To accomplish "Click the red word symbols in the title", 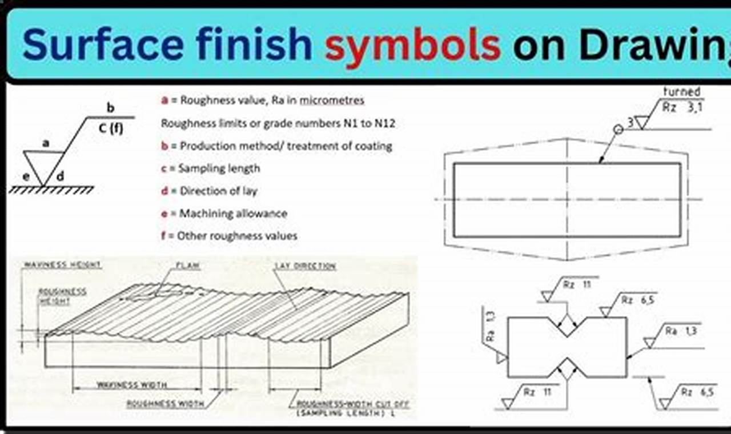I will click(x=412, y=46).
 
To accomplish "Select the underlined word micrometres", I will click(x=332, y=101).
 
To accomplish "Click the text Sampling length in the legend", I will click(x=219, y=168).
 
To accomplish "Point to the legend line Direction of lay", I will click(x=218, y=191).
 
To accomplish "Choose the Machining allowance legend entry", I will click(x=233, y=214).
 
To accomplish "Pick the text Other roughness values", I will click(x=237, y=235).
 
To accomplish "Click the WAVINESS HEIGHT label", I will click(x=62, y=265).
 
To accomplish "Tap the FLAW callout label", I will click(x=188, y=266).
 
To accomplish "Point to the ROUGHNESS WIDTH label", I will click(x=166, y=404).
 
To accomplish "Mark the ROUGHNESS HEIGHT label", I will click(x=62, y=296).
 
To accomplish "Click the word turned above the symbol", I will click(x=681, y=91).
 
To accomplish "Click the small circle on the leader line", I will click(x=618, y=130).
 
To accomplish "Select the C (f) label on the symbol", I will click(x=111, y=129).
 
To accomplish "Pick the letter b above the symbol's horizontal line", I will click(x=111, y=107).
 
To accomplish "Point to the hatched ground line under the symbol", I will click(x=51, y=190).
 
